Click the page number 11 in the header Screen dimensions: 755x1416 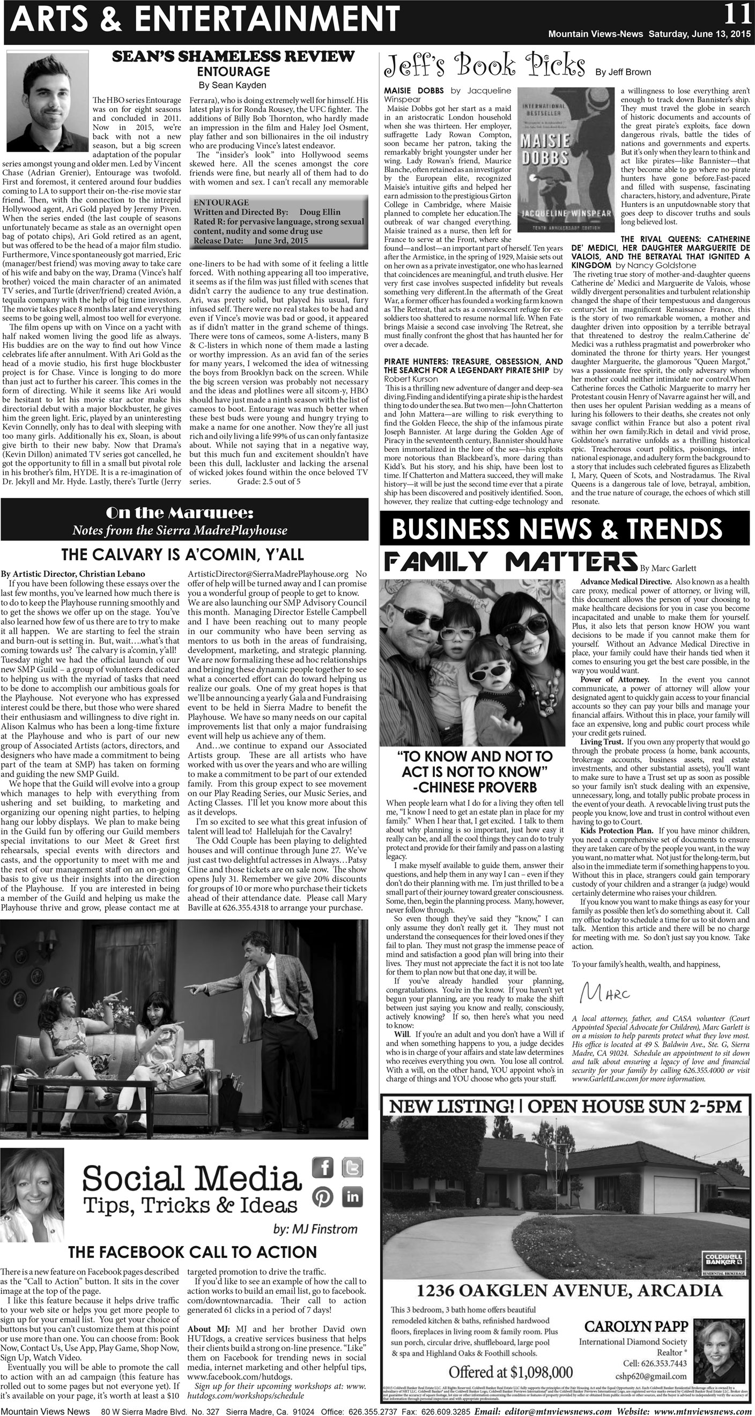tap(737, 14)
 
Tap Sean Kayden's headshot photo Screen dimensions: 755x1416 tap(47, 101)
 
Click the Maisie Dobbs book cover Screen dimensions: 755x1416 tap(566, 159)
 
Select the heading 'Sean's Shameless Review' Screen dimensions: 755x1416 tap(233, 57)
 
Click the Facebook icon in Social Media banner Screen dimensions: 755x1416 tap(323, 1167)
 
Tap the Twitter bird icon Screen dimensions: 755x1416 tap(352, 1167)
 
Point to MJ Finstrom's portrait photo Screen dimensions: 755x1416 tap(32, 1193)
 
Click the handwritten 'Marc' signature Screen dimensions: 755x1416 tap(604, 992)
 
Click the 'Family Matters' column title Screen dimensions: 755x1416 tap(510, 562)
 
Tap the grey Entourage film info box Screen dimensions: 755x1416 tap(278, 221)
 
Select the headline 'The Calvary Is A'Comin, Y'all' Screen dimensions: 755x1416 tap(182, 554)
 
